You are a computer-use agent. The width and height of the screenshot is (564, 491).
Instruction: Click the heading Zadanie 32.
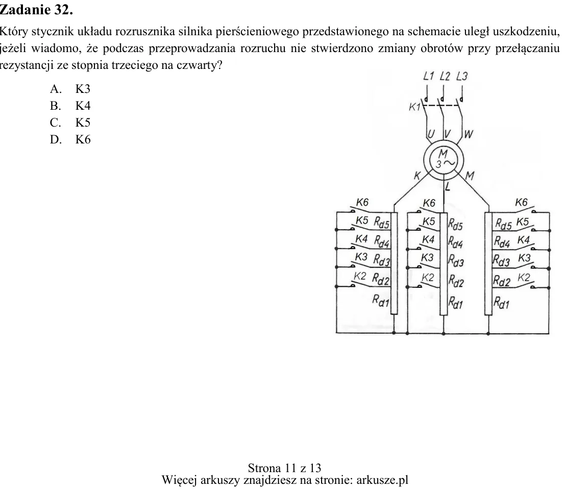pyautogui.click(x=36, y=10)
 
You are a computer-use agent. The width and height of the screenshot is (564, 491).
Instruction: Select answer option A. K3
pyautogui.click(x=70, y=89)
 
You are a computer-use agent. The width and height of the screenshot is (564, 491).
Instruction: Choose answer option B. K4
pyautogui.click(x=70, y=106)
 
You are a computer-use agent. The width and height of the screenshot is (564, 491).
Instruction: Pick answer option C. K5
pyautogui.click(x=70, y=122)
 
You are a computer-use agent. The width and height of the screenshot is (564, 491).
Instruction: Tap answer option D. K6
pyautogui.click(x=70, y=139)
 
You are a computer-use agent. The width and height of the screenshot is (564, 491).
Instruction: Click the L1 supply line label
pyautogui.click(x=429, y=76)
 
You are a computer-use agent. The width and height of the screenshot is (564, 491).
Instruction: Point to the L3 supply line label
pyautogui.click(x=462, y=76)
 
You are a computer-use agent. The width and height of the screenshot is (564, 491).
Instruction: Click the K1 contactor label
pyautogui.click(x=415, y=107)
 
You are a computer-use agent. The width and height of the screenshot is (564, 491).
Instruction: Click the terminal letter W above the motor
pyautogui.click(x=469, y=135)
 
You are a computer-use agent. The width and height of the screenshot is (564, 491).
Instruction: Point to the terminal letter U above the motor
pyautogui.click(x=431, y=134)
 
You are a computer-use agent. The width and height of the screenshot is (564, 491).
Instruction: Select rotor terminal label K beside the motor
pyautogui.click(x=417, y=176)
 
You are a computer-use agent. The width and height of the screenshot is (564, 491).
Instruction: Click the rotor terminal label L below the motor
pyautogui.click(x=448, y=187)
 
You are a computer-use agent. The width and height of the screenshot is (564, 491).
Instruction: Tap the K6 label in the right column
pyautogui.click(x=521, y=203)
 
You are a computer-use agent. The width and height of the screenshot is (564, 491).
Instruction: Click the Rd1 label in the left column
pyautogui.click(x=381, y=300)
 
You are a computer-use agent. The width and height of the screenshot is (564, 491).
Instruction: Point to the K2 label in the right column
pyautogui.click(x=524, y=278)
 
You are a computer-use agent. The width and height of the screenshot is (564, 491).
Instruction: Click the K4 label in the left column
pyautogui.click(x=361, y=239)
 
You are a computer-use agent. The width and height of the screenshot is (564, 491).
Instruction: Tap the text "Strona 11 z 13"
pyautogui.click(x=284, y=468)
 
